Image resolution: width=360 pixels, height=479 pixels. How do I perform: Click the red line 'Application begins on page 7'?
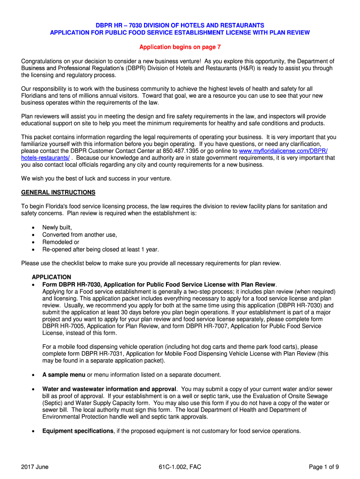coord(180,47)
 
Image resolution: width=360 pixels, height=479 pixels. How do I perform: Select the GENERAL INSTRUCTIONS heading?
coord(58,192)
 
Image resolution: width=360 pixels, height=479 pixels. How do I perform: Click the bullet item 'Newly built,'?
coord(57,227)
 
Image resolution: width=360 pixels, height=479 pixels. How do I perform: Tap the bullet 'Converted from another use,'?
coord(79,235)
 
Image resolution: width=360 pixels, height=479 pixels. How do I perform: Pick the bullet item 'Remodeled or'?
coord(61,242)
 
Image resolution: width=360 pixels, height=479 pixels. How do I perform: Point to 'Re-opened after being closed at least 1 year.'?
coord(101,250)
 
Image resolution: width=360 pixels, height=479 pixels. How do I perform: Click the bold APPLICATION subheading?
coord(51,277)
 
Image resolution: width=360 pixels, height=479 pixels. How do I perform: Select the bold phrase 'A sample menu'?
coord(64,375)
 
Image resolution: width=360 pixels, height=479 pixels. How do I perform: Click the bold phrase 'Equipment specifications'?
coord(78,431)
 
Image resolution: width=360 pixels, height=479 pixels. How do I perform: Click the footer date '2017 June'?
coord(35,466)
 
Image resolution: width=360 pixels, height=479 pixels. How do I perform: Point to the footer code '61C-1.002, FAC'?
coord(180,466)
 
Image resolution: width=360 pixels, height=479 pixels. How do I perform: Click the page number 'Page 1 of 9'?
coord(324,466)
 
